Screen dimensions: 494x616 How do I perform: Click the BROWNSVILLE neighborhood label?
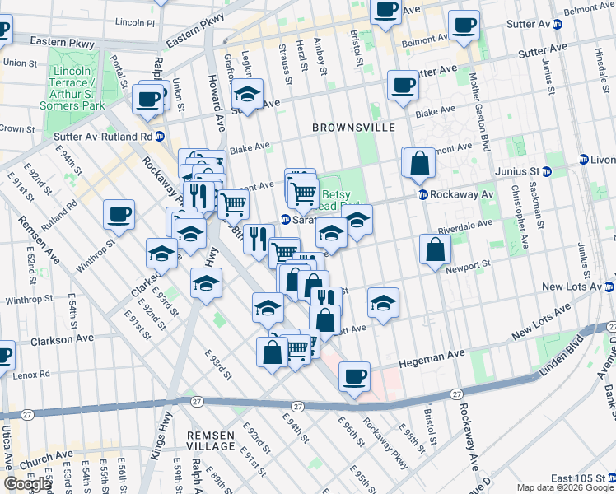point(353,128)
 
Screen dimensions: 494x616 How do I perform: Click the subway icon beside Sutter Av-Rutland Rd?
point(160,136)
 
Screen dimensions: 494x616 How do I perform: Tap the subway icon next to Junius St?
point(584,159)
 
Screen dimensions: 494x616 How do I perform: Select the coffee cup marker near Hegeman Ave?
point(354,376)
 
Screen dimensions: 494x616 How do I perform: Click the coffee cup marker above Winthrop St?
point(119,215)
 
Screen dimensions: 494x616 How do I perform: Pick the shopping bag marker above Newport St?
point(435,249)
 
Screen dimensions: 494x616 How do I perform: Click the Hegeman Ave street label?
point(429,361)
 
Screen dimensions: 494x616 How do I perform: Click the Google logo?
point(28,483)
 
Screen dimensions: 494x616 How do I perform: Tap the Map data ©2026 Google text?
point(564,487)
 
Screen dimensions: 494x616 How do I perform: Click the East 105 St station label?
point(573,478)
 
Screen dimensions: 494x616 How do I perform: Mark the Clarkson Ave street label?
point(62,339)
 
